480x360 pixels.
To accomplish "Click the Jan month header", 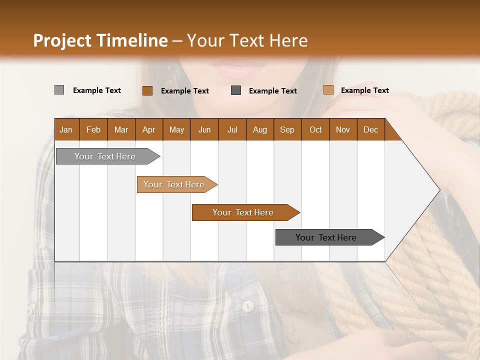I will pos(66,129).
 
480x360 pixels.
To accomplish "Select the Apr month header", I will pos(149,129).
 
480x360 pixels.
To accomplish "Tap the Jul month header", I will pos(232,129).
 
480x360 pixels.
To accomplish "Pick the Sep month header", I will pos(287,129).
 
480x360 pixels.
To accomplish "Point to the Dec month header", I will pos(370,129).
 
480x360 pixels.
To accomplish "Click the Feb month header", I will pos(93,129).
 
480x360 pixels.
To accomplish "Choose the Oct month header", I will pos(315,129).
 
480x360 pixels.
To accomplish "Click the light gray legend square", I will pos(59,90).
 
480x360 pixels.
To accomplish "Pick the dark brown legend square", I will pos(147,90).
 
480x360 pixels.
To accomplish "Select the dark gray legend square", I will pos(236,90).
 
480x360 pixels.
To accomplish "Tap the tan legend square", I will pos(328,90).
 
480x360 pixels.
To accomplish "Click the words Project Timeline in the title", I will pos(100,40).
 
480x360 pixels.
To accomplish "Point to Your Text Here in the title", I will pos(247,40).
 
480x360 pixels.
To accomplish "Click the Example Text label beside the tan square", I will pos(364,90).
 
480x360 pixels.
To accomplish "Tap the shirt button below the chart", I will pos(247,305).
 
